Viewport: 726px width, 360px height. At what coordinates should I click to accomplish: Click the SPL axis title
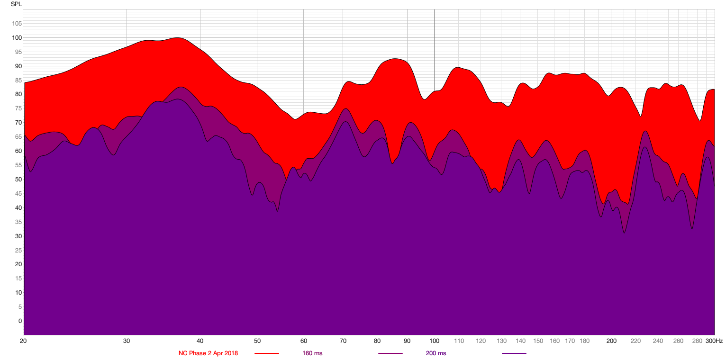point(16,4)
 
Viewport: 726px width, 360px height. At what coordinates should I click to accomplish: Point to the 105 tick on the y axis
point(17,24)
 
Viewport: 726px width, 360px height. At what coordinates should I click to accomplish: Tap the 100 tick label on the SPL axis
point(17,38)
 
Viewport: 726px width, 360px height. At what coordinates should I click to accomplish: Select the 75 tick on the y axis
point(18,108)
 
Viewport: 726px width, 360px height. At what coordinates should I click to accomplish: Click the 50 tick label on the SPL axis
point(18,180)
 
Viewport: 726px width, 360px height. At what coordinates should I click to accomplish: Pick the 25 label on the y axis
point(18,251)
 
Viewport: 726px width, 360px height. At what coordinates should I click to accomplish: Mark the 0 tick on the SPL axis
point(20,321)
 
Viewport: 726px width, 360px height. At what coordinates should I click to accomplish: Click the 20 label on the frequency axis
point(23,341)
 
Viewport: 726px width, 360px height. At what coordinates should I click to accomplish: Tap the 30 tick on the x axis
point(127,341)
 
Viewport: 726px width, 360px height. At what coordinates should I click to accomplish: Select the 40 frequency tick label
point(200,341)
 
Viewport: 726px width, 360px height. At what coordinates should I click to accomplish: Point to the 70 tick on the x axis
point(343,341)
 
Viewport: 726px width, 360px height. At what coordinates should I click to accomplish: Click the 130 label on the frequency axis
point(501,341)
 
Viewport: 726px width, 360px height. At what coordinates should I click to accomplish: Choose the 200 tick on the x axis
point(611,341)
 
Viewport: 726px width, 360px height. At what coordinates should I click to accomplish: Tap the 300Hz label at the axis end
point(714,341)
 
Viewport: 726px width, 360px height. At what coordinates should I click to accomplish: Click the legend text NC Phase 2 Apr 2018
point(208,353)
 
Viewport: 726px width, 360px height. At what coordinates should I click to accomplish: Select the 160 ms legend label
point(312,353)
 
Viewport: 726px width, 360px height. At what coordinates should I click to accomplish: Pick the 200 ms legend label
point(436,353)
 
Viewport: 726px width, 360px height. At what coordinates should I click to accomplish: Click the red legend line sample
point(267,353)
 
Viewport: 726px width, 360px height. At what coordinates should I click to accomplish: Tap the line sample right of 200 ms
point(514,353)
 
